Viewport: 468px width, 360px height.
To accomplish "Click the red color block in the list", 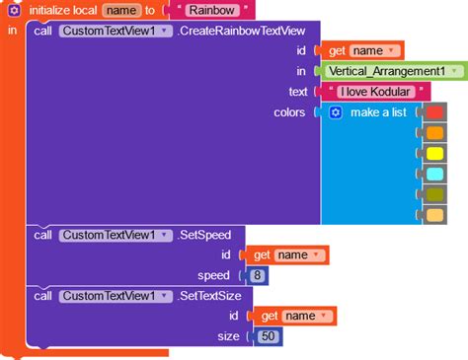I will (434, 112).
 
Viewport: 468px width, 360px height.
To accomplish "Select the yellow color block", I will (434, 154).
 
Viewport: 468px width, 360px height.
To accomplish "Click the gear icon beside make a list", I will (335, 112).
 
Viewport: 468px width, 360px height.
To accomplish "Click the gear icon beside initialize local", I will (14, 9).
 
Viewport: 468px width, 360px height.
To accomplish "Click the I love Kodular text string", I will (376, 92).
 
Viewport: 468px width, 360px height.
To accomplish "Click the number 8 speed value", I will (258, 275).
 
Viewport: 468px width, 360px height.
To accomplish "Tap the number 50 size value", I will (267, 337).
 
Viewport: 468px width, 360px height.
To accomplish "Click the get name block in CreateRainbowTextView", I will (359, 50).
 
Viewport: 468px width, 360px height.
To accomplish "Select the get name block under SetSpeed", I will (285, 255).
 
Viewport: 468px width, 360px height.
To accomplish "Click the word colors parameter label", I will (289, 112).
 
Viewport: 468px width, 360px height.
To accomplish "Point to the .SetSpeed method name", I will (204, 235).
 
